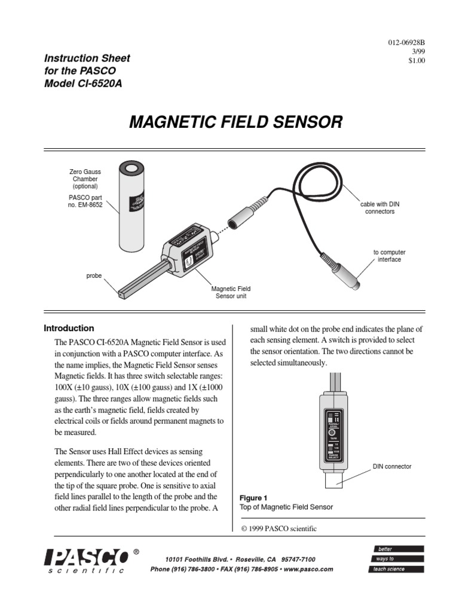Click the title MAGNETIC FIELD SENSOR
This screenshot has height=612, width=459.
(236, 123)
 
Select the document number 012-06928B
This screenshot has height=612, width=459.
(406, 43)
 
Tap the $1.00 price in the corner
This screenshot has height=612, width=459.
(415, 60)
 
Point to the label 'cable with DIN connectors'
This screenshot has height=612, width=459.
(380, 208)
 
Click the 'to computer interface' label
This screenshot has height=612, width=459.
(389, 256)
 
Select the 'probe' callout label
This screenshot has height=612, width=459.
(94, 276)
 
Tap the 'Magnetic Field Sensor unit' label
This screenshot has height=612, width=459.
(231, 292)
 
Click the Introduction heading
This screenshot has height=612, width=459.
(69, 328)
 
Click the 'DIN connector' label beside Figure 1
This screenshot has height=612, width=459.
(392, 466)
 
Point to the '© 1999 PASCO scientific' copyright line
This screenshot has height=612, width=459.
(278, 528)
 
